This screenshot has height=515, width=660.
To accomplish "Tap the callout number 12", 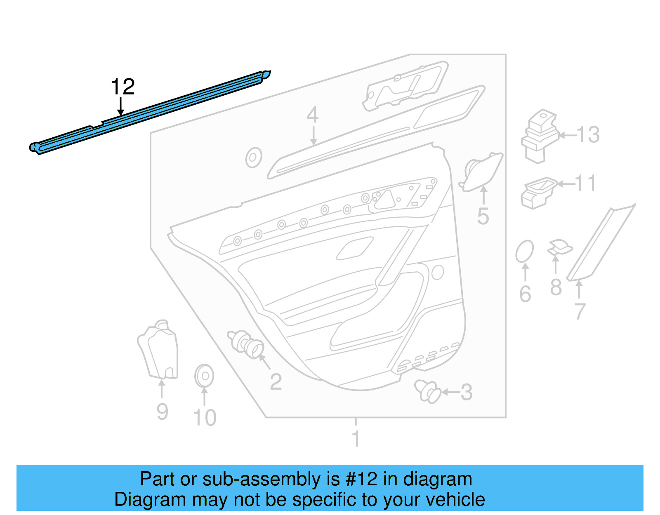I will tap(123, 87).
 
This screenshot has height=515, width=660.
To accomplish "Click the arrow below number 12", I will tap(120, 106).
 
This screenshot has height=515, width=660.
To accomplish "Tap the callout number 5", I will tap(483, 216).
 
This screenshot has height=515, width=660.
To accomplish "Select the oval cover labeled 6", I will tap(524, 251).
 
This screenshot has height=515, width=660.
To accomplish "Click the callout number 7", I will tap(580, 311).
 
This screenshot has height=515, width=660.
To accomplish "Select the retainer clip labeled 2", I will tap(247, 343).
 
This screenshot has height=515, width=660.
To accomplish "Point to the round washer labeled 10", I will tap(204, 376).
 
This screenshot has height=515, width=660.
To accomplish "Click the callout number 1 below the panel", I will tap(356, 439).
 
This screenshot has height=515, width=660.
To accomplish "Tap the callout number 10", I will tap(205, 418).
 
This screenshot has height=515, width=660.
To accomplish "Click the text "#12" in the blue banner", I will tap(361, 479).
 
